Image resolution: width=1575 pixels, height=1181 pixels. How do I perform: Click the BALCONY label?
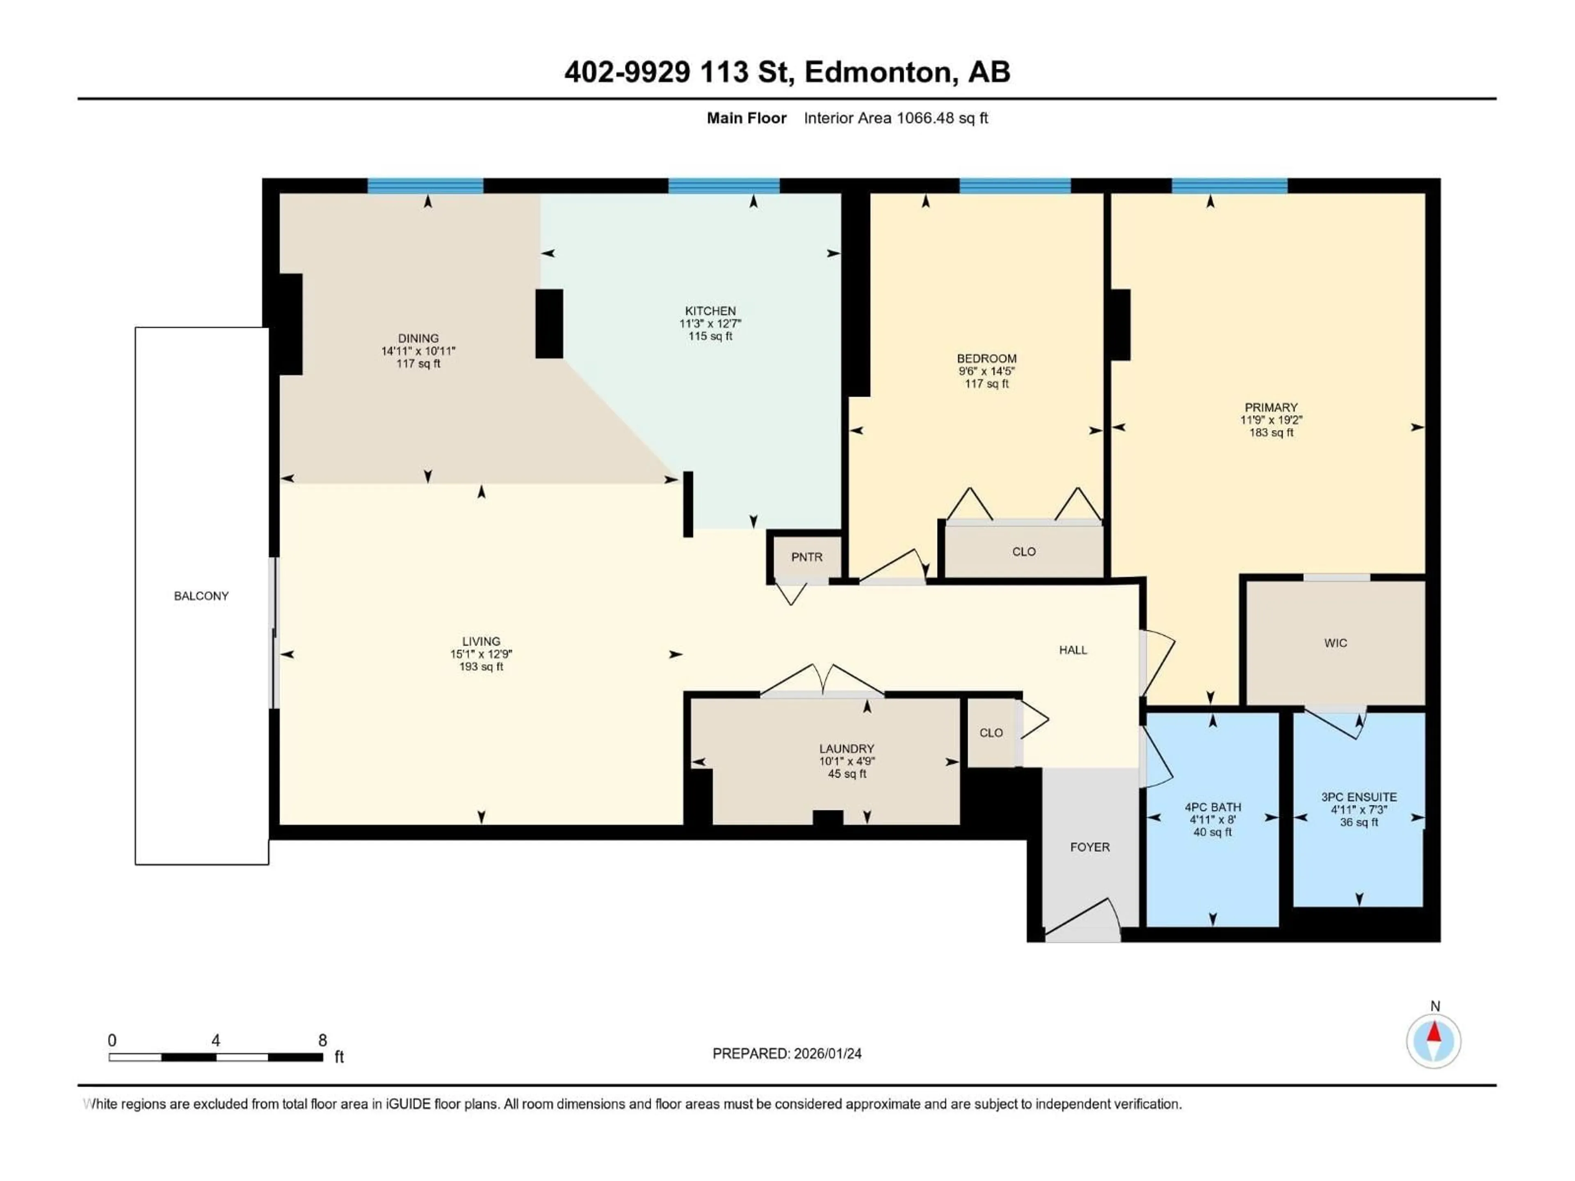tap(201, 596)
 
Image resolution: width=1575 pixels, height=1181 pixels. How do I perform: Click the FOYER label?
tap(1089, 847)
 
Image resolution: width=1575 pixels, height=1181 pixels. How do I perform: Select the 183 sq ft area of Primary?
tap(1271, 433)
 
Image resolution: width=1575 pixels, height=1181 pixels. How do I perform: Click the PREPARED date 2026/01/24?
tap(787, 1053)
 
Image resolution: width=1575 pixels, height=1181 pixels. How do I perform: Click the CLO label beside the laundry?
tap(991, 732)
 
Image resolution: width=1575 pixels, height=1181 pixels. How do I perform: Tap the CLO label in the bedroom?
tap(1023, 552)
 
